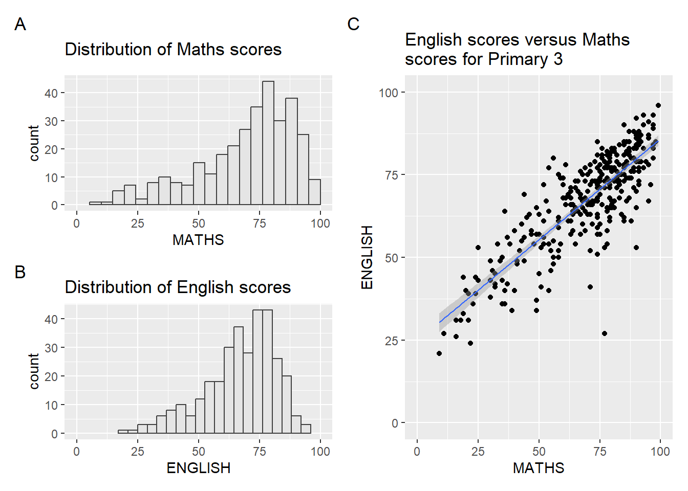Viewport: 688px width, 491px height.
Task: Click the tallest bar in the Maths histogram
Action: pos(268,143)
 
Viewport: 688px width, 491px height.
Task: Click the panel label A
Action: pos(20,24)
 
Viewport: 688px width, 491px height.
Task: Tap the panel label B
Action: pos(20,272)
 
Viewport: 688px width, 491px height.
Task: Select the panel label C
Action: pos(353,24)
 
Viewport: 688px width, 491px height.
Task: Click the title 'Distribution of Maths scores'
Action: pos(173,50)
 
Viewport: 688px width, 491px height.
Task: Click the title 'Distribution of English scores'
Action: pos(178,287)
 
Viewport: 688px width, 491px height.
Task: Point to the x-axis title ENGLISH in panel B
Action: pos(199,468)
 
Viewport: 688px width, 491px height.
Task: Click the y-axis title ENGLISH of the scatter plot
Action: pos(367,257)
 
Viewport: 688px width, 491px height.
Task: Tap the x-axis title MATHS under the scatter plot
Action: pos(539,468)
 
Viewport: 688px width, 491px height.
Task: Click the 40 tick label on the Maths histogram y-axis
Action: pos(51,94)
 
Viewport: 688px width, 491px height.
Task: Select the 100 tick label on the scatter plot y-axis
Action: pos(389,93)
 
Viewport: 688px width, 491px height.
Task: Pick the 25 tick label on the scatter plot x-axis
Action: pos(478,452)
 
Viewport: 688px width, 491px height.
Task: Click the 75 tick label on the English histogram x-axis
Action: pos(260,452)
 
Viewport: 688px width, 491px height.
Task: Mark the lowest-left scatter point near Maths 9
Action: pos(439,353)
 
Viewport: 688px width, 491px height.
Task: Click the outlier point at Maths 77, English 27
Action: pos(605,333)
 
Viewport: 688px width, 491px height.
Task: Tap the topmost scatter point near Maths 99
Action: pos(658,106)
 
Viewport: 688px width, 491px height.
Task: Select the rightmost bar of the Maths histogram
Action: pos(315,192)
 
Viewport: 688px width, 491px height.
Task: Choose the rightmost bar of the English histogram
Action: pos(306,429)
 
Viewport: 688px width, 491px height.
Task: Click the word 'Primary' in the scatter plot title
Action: pos(518,59)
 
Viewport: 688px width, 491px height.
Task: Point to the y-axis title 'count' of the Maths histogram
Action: pos(34,143)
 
